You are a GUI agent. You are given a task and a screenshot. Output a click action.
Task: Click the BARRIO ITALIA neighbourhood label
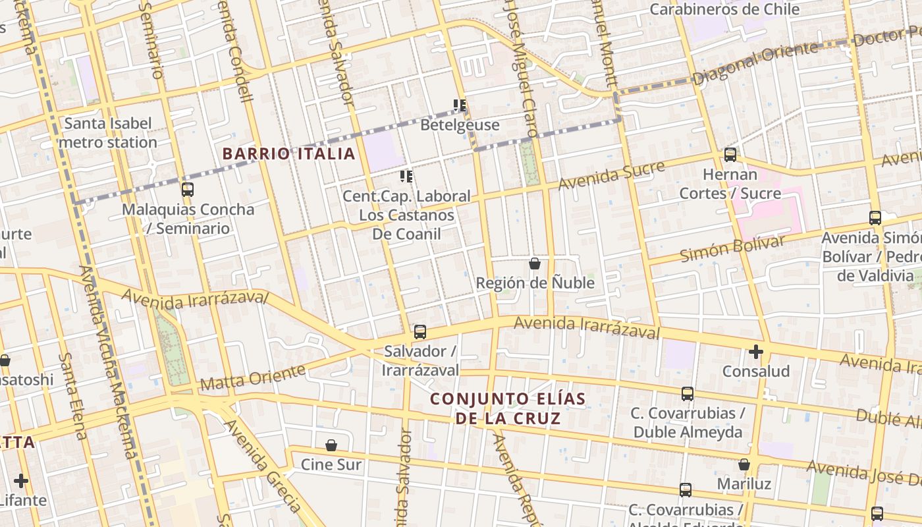(288, 154)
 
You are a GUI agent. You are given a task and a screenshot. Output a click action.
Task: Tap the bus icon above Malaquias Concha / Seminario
(188, 190)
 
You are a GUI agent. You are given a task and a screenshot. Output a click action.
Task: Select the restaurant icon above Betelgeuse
(460, 105)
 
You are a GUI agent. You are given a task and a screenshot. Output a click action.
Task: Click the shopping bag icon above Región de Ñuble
(535, 264)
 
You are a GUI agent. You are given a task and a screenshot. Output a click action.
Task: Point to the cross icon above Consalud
(756, 352)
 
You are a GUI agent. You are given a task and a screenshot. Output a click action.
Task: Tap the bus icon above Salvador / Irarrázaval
(420, 332)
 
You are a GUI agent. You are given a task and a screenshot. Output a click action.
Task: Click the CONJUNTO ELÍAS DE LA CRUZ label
(508, 408)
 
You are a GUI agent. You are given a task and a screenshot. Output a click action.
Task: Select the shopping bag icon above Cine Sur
(331, 446)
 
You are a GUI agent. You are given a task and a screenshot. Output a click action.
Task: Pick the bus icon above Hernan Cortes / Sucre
(730, 155)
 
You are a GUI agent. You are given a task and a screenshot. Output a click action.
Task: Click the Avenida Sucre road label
(611, 175)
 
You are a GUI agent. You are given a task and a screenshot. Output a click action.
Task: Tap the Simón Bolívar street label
(732, 248)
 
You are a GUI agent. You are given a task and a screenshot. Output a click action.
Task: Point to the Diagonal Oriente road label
(755, 63)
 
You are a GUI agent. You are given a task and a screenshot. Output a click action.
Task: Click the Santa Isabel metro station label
(108, 132)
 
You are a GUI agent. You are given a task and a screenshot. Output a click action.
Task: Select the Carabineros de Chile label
(724, 9)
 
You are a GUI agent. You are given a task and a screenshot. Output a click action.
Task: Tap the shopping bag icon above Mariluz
(744, 465)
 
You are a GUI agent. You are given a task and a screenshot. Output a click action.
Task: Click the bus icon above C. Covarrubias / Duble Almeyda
(688, 394)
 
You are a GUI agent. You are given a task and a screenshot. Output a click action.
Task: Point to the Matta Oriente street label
(253, 377)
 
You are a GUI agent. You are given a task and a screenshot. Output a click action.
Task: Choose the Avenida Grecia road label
(264, 465)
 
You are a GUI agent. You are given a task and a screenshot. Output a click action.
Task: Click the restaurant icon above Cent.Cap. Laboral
(406, 177)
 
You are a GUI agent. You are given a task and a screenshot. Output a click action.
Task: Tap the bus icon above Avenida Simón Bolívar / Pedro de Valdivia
(875, 218)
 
